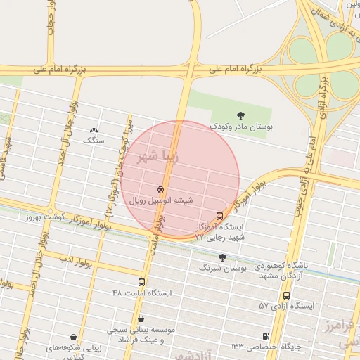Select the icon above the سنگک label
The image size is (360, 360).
click(x=94, y=130)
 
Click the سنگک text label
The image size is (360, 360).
click(x=94, y=141)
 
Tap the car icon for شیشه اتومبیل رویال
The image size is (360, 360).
click(x=160, y=190)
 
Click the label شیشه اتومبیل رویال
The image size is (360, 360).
click(x=160, y=200)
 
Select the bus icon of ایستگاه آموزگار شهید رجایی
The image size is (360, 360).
click(x=220, y=216)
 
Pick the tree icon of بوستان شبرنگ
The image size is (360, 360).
click(x=223, y=257)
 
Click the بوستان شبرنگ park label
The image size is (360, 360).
click(x=220, y=268)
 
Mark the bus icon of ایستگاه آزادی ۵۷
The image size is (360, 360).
click(x=286, y=295)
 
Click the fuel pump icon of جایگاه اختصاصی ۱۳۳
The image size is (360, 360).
click(x=265, y=336)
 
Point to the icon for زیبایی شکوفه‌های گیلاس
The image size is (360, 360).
click(x=75, y=337)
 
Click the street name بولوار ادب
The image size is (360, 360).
click(x=76, y=262)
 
